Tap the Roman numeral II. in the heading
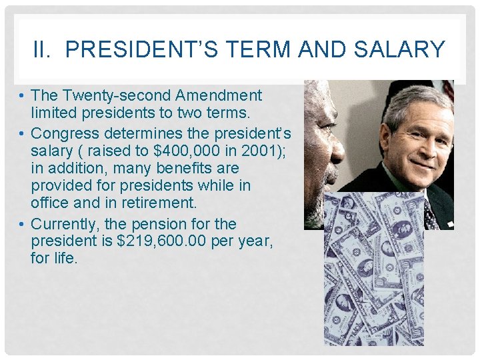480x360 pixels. [43, 49]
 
